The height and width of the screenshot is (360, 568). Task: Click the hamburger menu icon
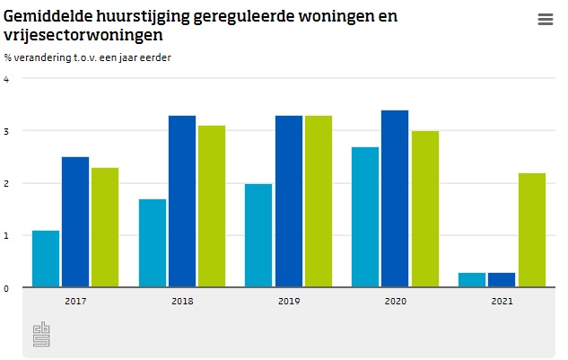point(546,19)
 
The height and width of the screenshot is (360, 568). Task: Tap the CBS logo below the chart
point(41,334)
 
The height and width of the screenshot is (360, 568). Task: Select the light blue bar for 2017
point(46,259)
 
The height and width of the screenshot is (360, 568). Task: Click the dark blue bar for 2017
point(75,222)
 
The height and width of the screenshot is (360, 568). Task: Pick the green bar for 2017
point(105,227)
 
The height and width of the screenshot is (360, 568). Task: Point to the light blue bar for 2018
point(153,243)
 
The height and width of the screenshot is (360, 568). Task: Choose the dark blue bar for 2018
point(182,201)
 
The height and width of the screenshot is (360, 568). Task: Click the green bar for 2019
point(319,201)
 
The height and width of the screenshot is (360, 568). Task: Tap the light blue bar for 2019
point(258,235)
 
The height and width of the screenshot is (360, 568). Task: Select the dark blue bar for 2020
point(395,198)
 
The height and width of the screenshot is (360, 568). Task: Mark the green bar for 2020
point(425,209)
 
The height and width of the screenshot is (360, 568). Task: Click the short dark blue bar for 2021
point(502,280)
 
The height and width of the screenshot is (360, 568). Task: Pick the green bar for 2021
point(532,230)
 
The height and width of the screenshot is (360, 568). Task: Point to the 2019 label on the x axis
point(289,302)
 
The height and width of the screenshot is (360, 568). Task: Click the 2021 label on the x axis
point(502,302)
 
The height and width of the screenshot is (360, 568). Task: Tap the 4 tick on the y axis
point(6,79)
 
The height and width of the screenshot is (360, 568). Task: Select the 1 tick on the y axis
point(6,236)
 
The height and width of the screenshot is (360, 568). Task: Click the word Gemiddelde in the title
point(48,16)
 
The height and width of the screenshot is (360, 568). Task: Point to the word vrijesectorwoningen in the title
point(83,36)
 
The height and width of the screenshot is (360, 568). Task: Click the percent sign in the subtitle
point(7,57)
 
